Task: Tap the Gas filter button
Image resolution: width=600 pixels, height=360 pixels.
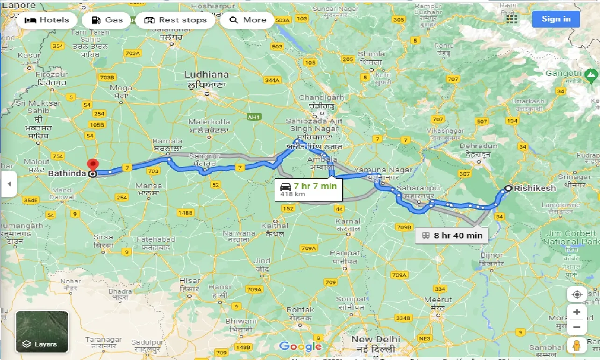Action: tap(107, 20)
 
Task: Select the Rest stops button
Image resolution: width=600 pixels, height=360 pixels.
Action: tap(175, 20)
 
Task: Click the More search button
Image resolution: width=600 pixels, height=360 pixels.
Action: tap(248, 20)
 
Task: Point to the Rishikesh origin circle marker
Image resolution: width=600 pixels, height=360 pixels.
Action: tap(508, 189)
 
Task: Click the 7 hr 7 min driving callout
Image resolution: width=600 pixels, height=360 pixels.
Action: tap(308, 189)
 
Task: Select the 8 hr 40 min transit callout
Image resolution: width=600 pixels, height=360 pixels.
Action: tap(451, 235)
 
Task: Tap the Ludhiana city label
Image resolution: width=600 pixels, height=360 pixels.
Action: tap(206, 75)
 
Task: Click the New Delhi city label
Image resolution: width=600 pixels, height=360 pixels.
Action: tap(376, 339)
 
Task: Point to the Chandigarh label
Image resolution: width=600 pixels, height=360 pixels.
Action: tap(321, 98)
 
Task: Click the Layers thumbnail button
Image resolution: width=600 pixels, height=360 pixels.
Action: tap(42, 331)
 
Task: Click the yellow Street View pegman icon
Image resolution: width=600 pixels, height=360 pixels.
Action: tap(577, 346)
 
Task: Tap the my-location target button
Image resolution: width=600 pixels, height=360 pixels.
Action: tap(577, 295)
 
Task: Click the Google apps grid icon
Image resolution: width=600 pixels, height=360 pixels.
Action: tap(512, 19)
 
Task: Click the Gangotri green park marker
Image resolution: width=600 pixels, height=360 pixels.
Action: tap(592, 74)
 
